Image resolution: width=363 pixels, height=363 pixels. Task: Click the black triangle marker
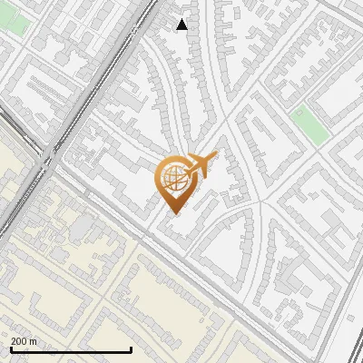pyautogui.click(x=182, y=25)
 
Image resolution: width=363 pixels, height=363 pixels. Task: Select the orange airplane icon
pyautogui.click(x=199, y=165)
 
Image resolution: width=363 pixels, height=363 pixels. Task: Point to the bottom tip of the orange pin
pyautogui.click(x=173, y=213)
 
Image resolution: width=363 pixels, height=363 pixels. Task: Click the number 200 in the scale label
pyautogui.click(x=19, y=341)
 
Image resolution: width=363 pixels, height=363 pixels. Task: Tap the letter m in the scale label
pyautogui.click(x=34, y=341)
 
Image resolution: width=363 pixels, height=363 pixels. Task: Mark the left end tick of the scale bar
pyautogui.click(x=11, y=348)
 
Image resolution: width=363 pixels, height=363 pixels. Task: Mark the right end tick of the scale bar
pyautogui.click(x=132, y=348)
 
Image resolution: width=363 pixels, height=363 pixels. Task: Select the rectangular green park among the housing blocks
pyautogui.click(x=310, y=125)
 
